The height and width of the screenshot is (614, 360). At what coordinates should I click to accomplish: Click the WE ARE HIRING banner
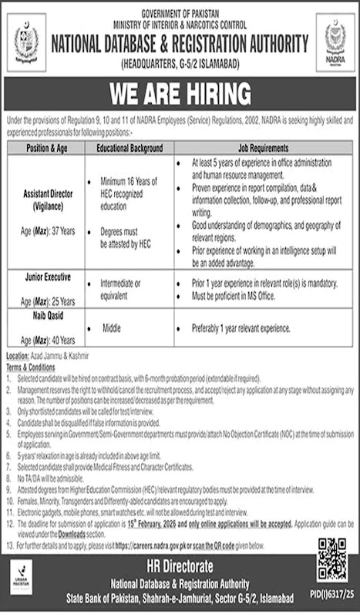click(x=180, y=93)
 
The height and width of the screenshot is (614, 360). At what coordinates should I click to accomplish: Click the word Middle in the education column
click(x=113, y=327)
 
